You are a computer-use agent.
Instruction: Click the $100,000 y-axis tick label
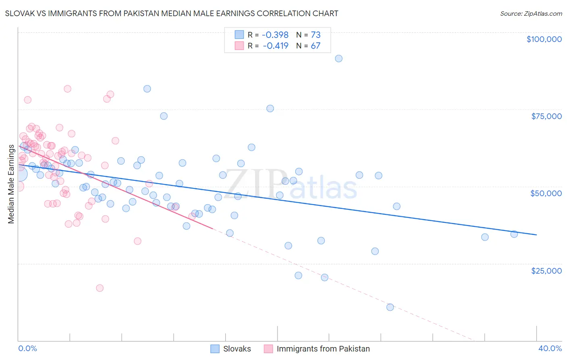tap(544, 39)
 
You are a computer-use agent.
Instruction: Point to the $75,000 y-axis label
tap(546, 116)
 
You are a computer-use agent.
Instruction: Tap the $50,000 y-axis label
tap(546, 193)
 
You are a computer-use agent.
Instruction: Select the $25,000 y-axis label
tap(546, 270)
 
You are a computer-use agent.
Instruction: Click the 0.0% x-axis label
tap(27, 348)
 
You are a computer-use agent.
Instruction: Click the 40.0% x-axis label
tap(550, 348)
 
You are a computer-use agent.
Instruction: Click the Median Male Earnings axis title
tap(11, 184)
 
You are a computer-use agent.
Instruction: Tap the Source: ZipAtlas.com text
tap(531, 13)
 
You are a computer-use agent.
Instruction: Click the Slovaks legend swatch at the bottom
tap(215, 349)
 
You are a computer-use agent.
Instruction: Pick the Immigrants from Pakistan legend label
tap(323, 349)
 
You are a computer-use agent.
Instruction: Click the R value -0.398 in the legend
tap(275, 35)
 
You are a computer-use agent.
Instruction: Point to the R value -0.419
tap(275, 46)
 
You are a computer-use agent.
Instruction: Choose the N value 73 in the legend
tap(315, 35)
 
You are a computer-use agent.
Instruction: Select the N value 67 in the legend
tap(315, 46)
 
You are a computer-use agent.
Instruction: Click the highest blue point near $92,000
tap(339, 59)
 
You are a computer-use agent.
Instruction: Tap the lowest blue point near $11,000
tap(390, 307)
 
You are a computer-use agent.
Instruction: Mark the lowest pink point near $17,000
tap(100, 288)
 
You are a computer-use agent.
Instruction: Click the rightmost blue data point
tap(514, 234)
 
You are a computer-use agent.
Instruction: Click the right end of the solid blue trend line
tap(536, 234)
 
